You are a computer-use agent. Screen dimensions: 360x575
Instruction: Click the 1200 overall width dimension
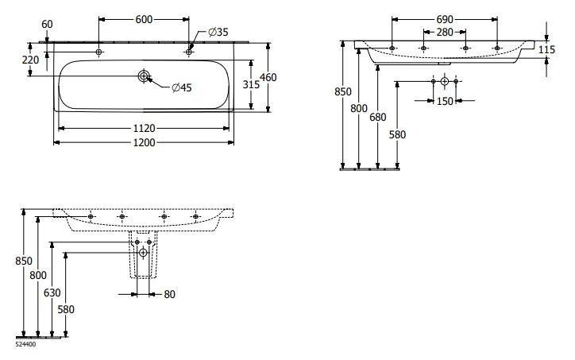coord(144,142)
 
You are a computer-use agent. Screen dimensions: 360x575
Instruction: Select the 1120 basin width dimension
coord(144,127)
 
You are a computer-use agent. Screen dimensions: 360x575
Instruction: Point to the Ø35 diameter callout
coord(218,31)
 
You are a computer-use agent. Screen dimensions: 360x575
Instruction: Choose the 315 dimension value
coord(252,84)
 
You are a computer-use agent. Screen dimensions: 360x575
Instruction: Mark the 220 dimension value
coord(31,59)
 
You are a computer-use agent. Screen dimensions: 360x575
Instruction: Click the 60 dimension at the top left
coord(47,24)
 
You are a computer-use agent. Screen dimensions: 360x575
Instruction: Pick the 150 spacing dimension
coord(444,101)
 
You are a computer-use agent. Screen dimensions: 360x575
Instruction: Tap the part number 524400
coord(25,344)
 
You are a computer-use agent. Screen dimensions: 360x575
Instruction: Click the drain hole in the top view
coord(144,76)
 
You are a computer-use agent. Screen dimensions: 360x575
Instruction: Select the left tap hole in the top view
coord(99,52)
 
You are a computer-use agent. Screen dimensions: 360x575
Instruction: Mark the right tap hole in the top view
coord(188,52)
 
